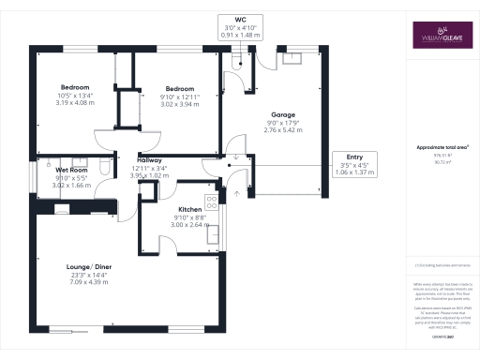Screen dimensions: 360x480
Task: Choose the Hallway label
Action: coord(152,159)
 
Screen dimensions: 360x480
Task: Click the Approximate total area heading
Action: coord(442,147)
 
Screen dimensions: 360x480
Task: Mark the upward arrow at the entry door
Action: coord(235,193)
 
